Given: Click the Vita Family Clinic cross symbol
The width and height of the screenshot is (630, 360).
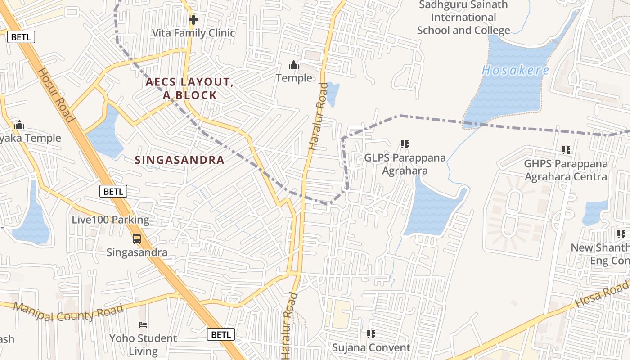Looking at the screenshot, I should pos(193,20).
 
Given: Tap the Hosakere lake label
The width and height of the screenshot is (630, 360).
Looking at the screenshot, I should pos(516,70).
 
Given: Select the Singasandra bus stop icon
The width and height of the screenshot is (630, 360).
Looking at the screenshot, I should pos(137,239).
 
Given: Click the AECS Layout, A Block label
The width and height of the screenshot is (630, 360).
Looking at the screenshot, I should pos(189,89).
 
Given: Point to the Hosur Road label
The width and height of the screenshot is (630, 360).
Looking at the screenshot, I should pos(55,95).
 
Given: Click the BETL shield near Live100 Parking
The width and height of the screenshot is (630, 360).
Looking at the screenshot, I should pos(113,191).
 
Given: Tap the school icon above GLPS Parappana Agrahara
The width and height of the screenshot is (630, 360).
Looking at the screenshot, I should pos(405,144).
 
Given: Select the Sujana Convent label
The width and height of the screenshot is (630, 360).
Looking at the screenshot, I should pos(371,347).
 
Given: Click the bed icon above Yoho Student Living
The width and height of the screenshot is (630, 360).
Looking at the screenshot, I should pos(143,324).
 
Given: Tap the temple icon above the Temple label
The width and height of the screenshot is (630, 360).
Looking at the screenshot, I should pos(294,65).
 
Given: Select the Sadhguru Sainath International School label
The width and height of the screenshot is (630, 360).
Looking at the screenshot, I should pos(463,18).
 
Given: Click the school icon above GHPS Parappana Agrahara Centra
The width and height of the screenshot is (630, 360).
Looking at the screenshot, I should pos(566,150).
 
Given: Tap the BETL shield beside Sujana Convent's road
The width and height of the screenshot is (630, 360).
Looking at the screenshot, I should pos(221,334).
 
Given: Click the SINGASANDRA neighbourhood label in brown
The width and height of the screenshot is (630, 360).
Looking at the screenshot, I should pos(180,160).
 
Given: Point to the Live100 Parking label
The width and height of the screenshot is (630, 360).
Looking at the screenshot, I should pos(111,220).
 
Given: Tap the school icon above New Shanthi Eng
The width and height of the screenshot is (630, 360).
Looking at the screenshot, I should pos(621,234).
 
